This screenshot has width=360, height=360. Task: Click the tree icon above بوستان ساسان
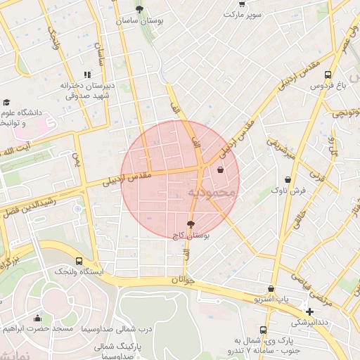point(139,10)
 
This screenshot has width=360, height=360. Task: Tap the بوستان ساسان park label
point(140,22)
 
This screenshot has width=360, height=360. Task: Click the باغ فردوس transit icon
point(347,75)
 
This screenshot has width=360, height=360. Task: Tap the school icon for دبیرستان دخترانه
point(87,75)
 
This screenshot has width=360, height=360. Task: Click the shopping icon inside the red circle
point(221,169)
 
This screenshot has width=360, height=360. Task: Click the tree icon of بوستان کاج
point(191,225)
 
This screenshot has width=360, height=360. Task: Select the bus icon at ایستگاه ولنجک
point(78,259)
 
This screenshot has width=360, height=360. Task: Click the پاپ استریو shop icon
point(271,288)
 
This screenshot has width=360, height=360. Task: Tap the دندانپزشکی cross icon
point(309,311)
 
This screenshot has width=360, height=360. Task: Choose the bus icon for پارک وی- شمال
point(263,330)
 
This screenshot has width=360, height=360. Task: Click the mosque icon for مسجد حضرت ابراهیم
point(37,318)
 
